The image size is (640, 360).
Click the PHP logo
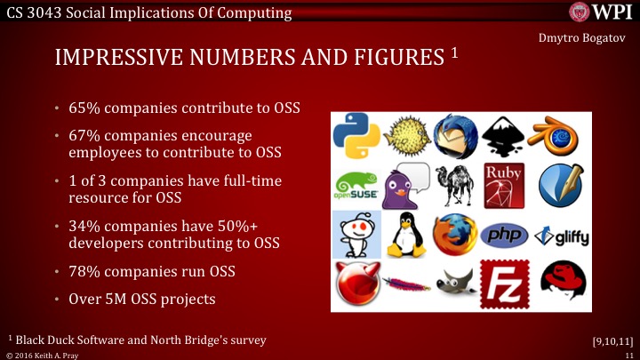tap(504, 235)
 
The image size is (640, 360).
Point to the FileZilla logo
tap(504, 284)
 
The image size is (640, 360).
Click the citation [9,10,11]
tap(612, 340)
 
